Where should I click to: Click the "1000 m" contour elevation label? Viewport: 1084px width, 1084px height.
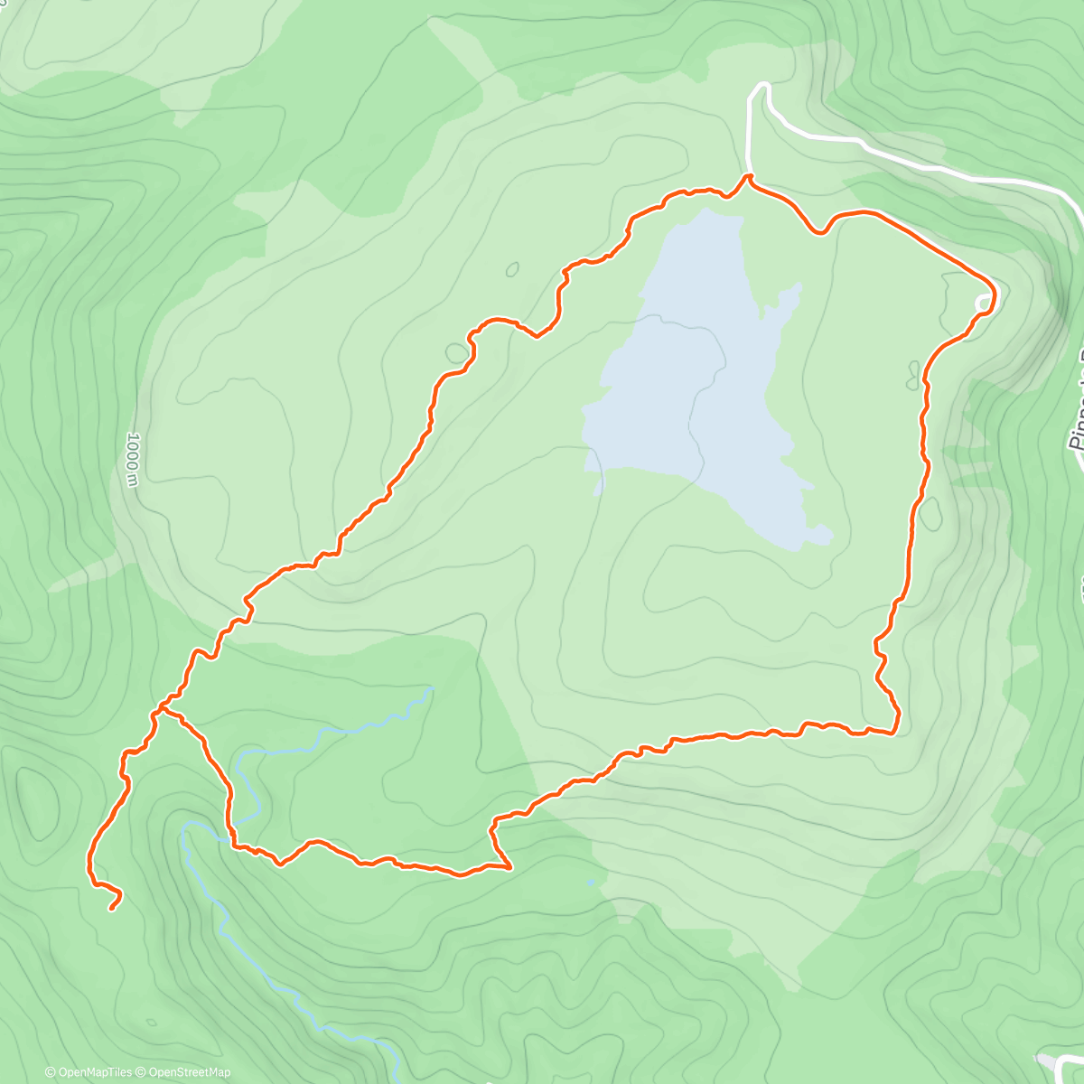(133, 460)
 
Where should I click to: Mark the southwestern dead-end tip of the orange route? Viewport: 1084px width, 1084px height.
(111, 909)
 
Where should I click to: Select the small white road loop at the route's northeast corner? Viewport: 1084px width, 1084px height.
(982, 303)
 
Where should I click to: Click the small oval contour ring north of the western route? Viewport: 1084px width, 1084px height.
(512, 269)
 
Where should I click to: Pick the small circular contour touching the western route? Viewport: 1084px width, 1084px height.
(457, 352)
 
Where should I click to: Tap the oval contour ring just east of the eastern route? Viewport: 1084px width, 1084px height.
(930, 514)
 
